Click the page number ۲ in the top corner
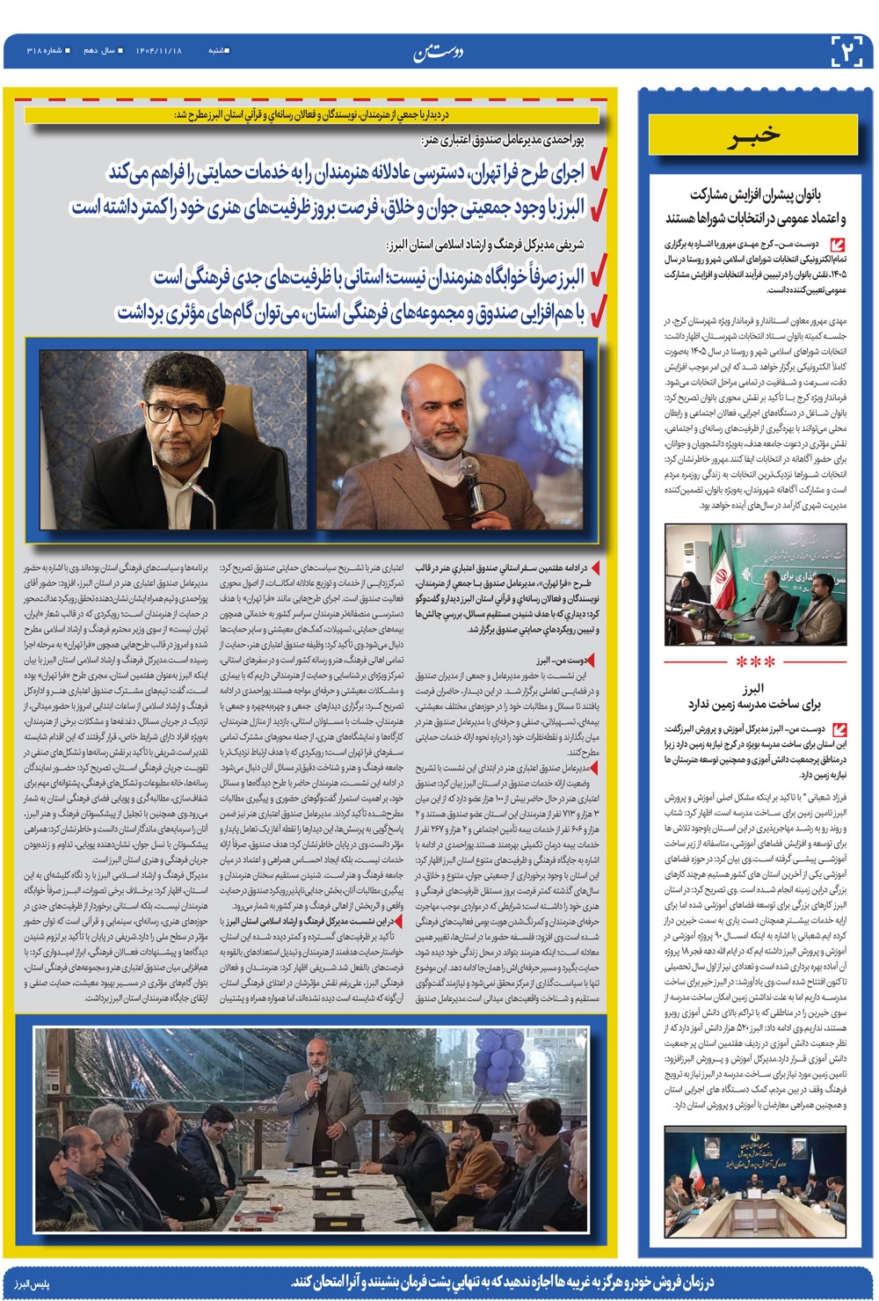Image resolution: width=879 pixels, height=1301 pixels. (x=848, y=51)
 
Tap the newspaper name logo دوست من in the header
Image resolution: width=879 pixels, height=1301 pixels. (x=439, y=54)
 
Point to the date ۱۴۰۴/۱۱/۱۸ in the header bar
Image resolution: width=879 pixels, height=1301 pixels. (x=158, y=51)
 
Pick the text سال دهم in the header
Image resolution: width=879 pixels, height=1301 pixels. (x=98, y=51)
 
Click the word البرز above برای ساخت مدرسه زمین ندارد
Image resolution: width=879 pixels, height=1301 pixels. (x=754, y=687)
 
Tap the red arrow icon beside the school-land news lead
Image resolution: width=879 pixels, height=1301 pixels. (x=838, y=729)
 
